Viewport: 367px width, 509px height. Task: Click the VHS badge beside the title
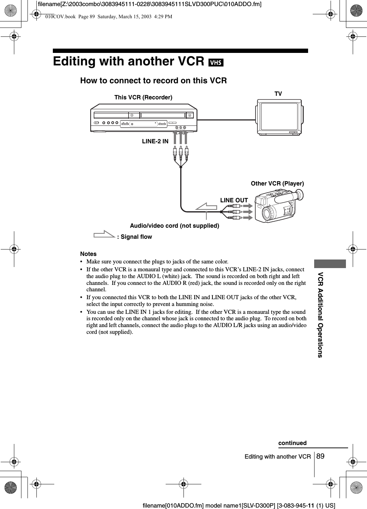coord(216,63)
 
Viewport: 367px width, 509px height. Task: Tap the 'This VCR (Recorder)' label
coord(143,97)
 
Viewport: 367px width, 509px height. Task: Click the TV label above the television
coord(278,94)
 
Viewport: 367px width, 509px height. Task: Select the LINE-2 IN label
coord(155,141)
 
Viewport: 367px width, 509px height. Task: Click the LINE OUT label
coord(234,200)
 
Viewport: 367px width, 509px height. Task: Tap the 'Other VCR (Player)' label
coord(277,183)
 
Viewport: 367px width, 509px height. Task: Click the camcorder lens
coord(268,214)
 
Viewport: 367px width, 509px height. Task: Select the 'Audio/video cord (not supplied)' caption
coord(175,226)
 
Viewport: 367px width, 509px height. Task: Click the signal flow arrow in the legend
coord(104,236)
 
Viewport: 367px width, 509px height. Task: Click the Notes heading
coord(89,254)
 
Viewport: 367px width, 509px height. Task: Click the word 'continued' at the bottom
coord(292,443)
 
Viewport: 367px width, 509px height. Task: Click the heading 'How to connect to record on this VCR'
coord(154,80)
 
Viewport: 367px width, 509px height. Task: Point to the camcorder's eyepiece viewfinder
coord(299,195)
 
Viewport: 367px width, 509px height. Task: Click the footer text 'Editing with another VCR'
coord(277,456)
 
